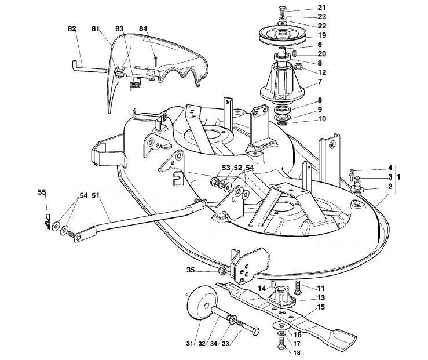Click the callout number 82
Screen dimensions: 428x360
(72, 28)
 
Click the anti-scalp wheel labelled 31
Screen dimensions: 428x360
(202, 303)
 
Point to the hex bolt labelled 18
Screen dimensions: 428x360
(281, 343)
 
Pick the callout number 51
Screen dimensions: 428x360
(95, 195)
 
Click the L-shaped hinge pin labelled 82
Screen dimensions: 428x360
(87, 67)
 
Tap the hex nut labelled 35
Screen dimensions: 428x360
(222, 271)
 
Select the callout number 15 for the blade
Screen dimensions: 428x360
(321, 307)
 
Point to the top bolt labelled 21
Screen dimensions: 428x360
(283, 12)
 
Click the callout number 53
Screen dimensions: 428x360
(226, 168)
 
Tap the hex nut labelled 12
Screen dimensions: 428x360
(298, 67)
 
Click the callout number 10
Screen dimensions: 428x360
(322, 119)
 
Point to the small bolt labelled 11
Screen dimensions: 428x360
(298, 288)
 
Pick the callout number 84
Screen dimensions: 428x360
(143, 28)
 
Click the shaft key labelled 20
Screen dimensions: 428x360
(295, 53)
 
